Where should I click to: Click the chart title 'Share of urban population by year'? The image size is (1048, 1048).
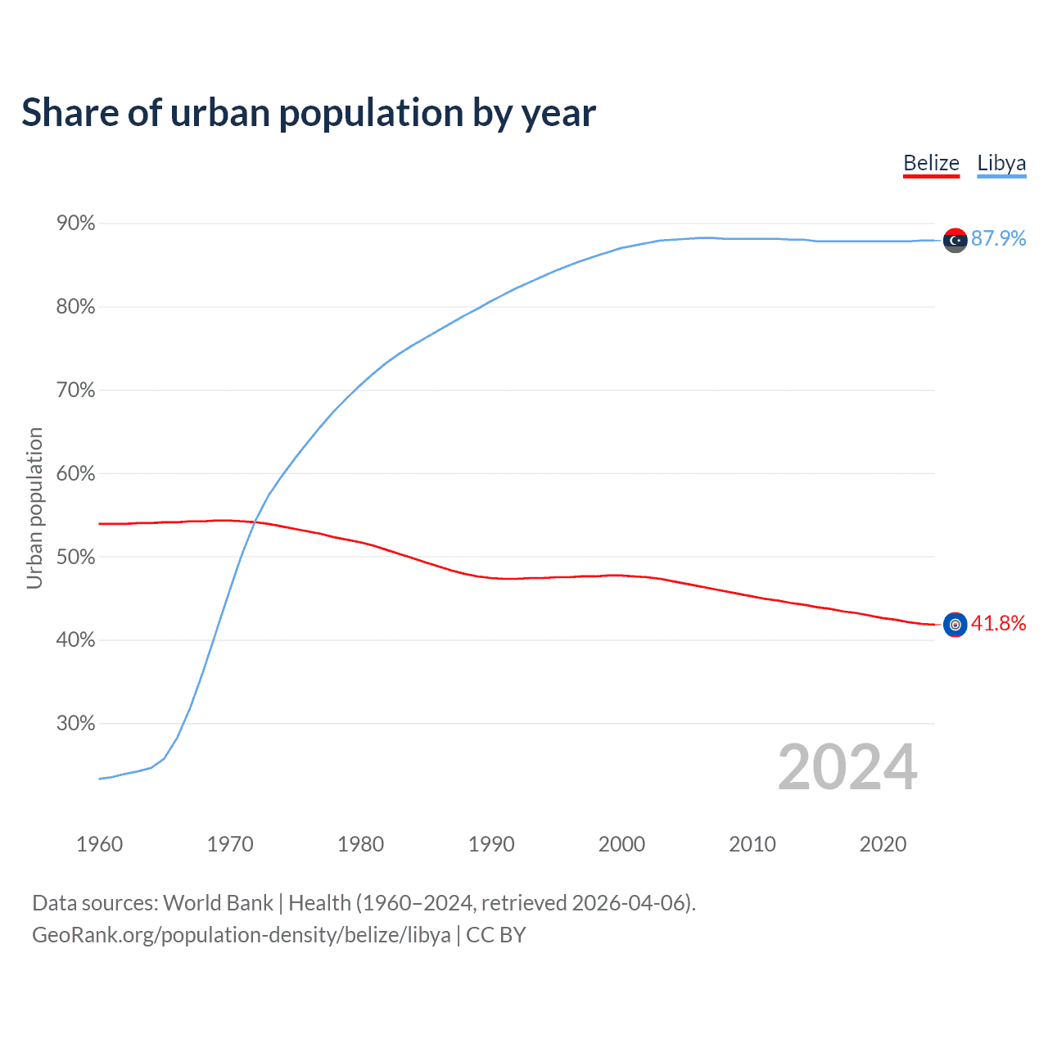309,113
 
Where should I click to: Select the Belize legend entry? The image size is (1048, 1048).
931,163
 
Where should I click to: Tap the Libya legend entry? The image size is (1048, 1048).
1001,163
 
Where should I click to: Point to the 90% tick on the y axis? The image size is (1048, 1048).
75,224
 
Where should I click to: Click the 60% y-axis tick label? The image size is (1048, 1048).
75,474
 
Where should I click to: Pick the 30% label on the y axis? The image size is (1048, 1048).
75,724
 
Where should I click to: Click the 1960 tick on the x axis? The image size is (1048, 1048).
99,844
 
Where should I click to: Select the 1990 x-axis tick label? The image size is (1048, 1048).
491,844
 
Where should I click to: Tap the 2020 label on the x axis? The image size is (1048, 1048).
883,844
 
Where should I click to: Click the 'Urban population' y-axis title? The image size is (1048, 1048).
34,508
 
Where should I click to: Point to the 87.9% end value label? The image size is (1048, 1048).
998,238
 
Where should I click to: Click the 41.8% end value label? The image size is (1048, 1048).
998,623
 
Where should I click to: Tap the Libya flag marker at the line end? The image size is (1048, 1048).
955,240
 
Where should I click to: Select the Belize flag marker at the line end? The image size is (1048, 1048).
955,625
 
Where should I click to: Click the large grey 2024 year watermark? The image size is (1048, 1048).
847,767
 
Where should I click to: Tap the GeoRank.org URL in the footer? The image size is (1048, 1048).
241,935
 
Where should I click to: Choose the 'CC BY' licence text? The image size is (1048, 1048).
495,935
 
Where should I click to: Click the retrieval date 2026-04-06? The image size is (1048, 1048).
631,903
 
